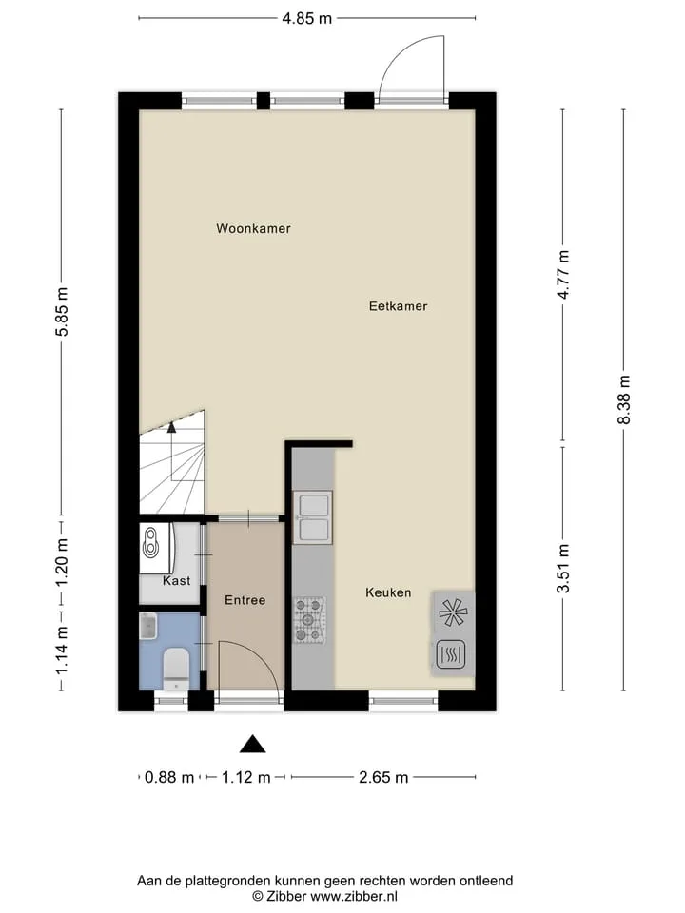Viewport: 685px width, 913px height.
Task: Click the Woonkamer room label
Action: (x=253, y=229)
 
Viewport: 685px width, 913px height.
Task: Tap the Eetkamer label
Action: (x=399, y=306)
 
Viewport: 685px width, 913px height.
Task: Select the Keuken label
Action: (x=388, y=592)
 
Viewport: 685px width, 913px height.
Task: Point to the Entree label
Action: (x=245, y=600)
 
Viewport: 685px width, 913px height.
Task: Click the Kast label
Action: (x=177, y=580)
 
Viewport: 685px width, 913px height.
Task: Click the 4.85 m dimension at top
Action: (x=307, y=19)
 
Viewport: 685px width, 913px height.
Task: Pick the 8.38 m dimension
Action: (x=624, y=399)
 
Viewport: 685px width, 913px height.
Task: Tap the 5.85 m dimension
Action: (x=62, y=312)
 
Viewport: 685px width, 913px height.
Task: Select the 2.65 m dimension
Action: (x=383, y=777)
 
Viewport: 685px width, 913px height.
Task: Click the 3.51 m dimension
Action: (x=562, y=569)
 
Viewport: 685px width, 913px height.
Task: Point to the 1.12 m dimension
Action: (x=245, y=777)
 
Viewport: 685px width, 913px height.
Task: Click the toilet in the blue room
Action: (x=176, y=669)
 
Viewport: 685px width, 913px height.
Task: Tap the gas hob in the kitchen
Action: (x=308, y=620)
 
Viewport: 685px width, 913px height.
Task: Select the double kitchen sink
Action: (x=313, y=517)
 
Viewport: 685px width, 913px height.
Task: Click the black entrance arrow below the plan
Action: (x=253, y=744)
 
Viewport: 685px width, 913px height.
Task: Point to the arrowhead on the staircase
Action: (x=171, y=427)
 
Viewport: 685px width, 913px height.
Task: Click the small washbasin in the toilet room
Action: (x=148, y=626)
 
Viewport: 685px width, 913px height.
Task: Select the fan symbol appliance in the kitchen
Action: (x=453, y=612)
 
